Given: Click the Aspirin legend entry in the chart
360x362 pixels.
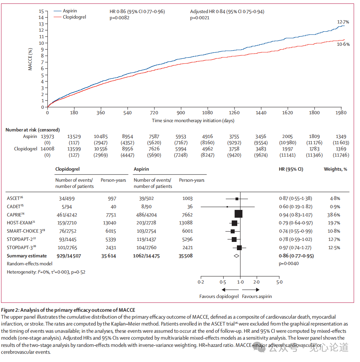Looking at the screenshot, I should (70, 11).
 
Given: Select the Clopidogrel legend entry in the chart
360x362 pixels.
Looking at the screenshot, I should (74, 17).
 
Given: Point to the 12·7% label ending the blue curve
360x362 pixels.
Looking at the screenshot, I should (343, 22).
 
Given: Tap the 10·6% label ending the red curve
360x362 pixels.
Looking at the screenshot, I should (343, 44).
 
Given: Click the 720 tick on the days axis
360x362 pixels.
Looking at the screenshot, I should (154, 113).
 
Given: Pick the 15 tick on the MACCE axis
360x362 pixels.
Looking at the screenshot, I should (41, 11).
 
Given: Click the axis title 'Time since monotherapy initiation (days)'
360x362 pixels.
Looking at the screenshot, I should (193, 120).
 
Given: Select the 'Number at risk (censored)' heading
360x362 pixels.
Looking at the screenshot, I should (33, 130).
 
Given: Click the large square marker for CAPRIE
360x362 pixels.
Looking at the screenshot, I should (238, 214).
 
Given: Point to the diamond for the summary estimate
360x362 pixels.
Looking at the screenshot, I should (236, 256).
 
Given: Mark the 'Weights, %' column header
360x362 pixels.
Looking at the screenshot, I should (335, 169).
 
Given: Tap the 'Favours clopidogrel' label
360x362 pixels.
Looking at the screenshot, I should (219, 296).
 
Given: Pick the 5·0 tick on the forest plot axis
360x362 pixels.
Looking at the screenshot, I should (280, 282).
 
